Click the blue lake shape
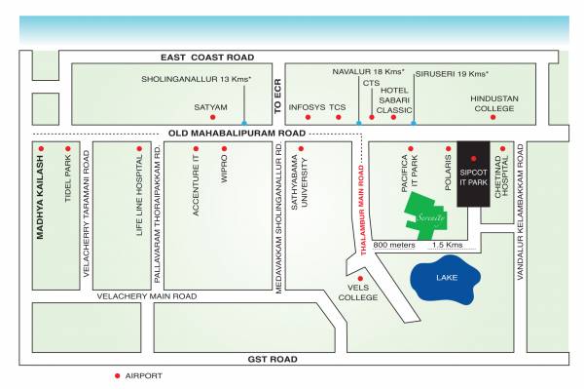tap(445, 279)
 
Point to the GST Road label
tap(272, 359)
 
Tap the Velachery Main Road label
tap(146, 295)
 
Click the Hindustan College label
tap(493, 103)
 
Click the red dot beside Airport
tap(118, 375)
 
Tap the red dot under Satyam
tap(210, 117)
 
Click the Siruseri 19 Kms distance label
tap(452, 73)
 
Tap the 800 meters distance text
tap(393, 244)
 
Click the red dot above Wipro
tap(224, 149)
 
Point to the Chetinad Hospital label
tap(502, 179)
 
